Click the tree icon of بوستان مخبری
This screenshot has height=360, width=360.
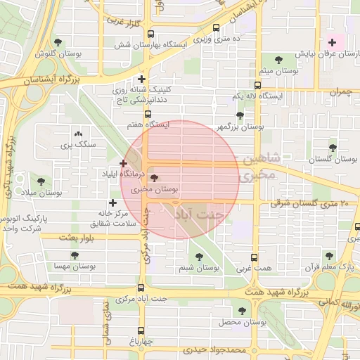(x=155, y=179)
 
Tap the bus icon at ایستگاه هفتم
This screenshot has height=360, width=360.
(x=148, y=114)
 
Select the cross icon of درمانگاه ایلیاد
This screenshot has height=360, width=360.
(x=124, y=163)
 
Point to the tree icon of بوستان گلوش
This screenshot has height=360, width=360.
(x=58, y=43)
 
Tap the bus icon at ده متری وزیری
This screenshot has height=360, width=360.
(x=215, y=28)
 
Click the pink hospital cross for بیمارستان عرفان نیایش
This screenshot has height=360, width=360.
(x=333, y=42)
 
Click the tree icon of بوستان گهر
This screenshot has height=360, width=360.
(x=240, y=116)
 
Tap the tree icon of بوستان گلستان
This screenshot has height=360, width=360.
(x=333, y=148)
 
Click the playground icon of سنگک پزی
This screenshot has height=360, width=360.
(x=77, y=133)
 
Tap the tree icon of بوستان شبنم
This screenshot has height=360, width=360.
(x=199, y=257)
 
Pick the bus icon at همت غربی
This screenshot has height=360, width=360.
(x=255, y=257)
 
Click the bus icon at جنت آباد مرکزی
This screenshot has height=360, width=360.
(x=141, y=288)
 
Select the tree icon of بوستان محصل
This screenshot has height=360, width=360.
(x=243, y=310)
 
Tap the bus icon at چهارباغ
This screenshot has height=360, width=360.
(x=141, y=330)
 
